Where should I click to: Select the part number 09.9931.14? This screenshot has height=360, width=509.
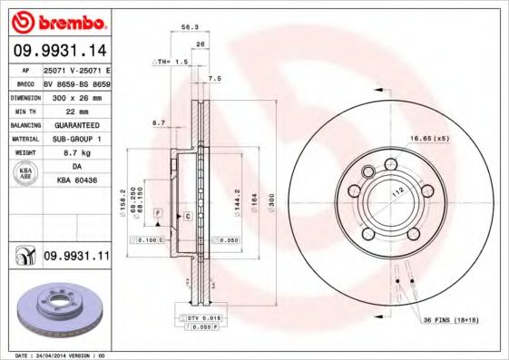coord(58,51)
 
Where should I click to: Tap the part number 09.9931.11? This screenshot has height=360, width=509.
coord(76,258)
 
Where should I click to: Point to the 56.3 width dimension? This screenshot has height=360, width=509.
coord(190,27)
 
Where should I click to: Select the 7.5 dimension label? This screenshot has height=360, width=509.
coord(214,79)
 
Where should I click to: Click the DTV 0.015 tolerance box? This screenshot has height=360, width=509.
coord(205,318)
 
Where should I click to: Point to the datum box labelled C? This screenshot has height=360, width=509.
coord(187,216)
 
